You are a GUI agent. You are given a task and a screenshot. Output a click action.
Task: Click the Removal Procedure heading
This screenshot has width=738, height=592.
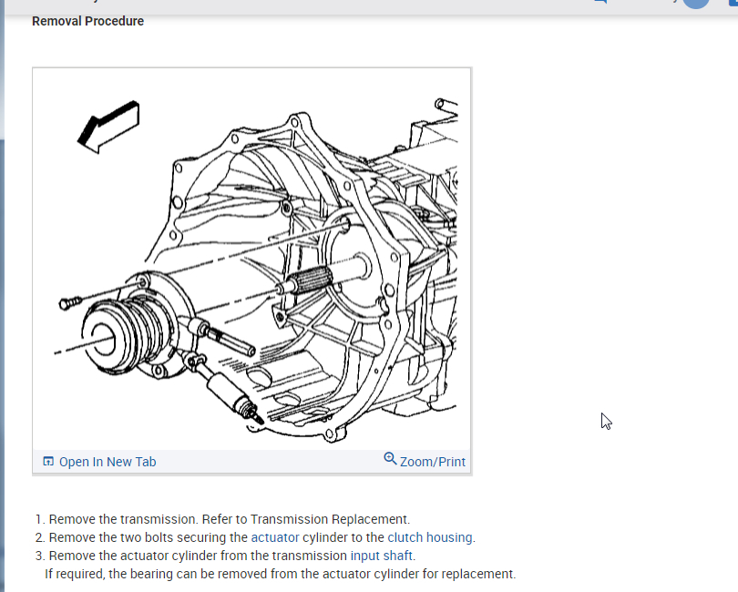(87, 21)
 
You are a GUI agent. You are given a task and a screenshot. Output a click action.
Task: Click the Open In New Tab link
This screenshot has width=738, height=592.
(108, 462)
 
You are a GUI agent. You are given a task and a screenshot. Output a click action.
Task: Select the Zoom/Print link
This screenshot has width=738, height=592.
(433, 462)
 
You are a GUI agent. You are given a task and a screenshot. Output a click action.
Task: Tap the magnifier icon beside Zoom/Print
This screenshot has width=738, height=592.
(390, 459)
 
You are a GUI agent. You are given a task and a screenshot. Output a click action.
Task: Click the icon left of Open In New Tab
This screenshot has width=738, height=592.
(48, 462)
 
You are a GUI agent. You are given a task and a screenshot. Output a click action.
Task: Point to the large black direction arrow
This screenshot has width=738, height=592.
(108, 125)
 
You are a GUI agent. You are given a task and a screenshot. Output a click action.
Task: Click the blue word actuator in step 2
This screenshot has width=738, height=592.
(275, 537)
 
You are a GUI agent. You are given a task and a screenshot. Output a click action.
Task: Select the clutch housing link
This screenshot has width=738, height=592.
(430, 537)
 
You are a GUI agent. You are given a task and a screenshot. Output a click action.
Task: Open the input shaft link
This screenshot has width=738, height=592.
(382, 556)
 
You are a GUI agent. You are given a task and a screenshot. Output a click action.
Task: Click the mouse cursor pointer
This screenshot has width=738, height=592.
(605, 421)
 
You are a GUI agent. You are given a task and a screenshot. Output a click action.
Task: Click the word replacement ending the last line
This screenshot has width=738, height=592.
(479, 574)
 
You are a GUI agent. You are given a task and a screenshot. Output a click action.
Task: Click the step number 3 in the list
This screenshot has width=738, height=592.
(39, 556)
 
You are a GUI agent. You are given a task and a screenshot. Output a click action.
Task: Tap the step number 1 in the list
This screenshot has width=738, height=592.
(39, 519)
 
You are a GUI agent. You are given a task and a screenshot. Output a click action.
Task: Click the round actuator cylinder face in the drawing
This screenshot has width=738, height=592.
(106, 332)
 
